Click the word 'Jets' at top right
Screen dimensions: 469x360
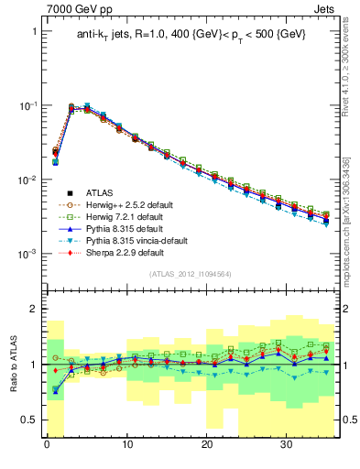(322, 8)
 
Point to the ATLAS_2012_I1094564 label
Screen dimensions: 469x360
(190, 274)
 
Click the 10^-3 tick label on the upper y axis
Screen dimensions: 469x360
(28, 254)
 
